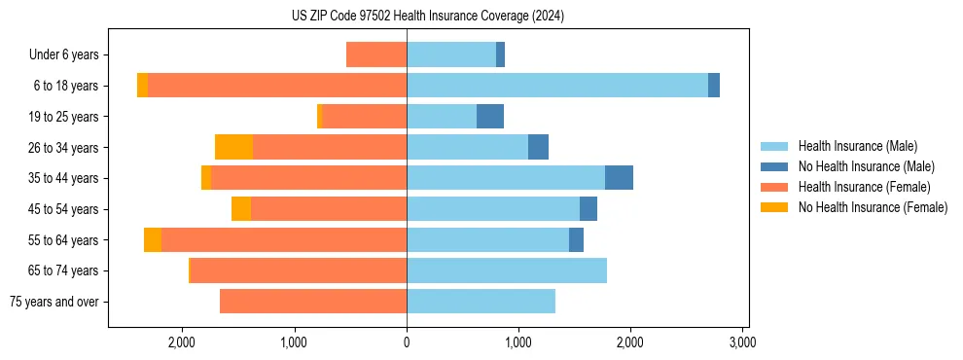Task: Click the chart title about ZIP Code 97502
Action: point(428,16)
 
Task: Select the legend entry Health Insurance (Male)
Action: point(857,146)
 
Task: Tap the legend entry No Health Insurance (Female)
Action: point(873,207)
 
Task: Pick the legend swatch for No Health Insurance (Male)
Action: point(774,166)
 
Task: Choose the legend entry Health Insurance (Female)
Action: point(864,187)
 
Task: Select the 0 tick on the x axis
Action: point(407,342)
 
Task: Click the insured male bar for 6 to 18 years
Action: point(557,86)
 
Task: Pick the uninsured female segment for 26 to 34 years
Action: point(233,147)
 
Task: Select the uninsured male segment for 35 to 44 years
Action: point(619,178)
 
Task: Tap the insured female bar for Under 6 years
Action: point(376,55)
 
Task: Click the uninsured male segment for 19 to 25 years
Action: point(490,117)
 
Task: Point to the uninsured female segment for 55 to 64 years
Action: point(153,239)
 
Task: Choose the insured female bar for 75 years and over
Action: point(313,302)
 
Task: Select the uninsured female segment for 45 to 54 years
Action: point(241,209)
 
